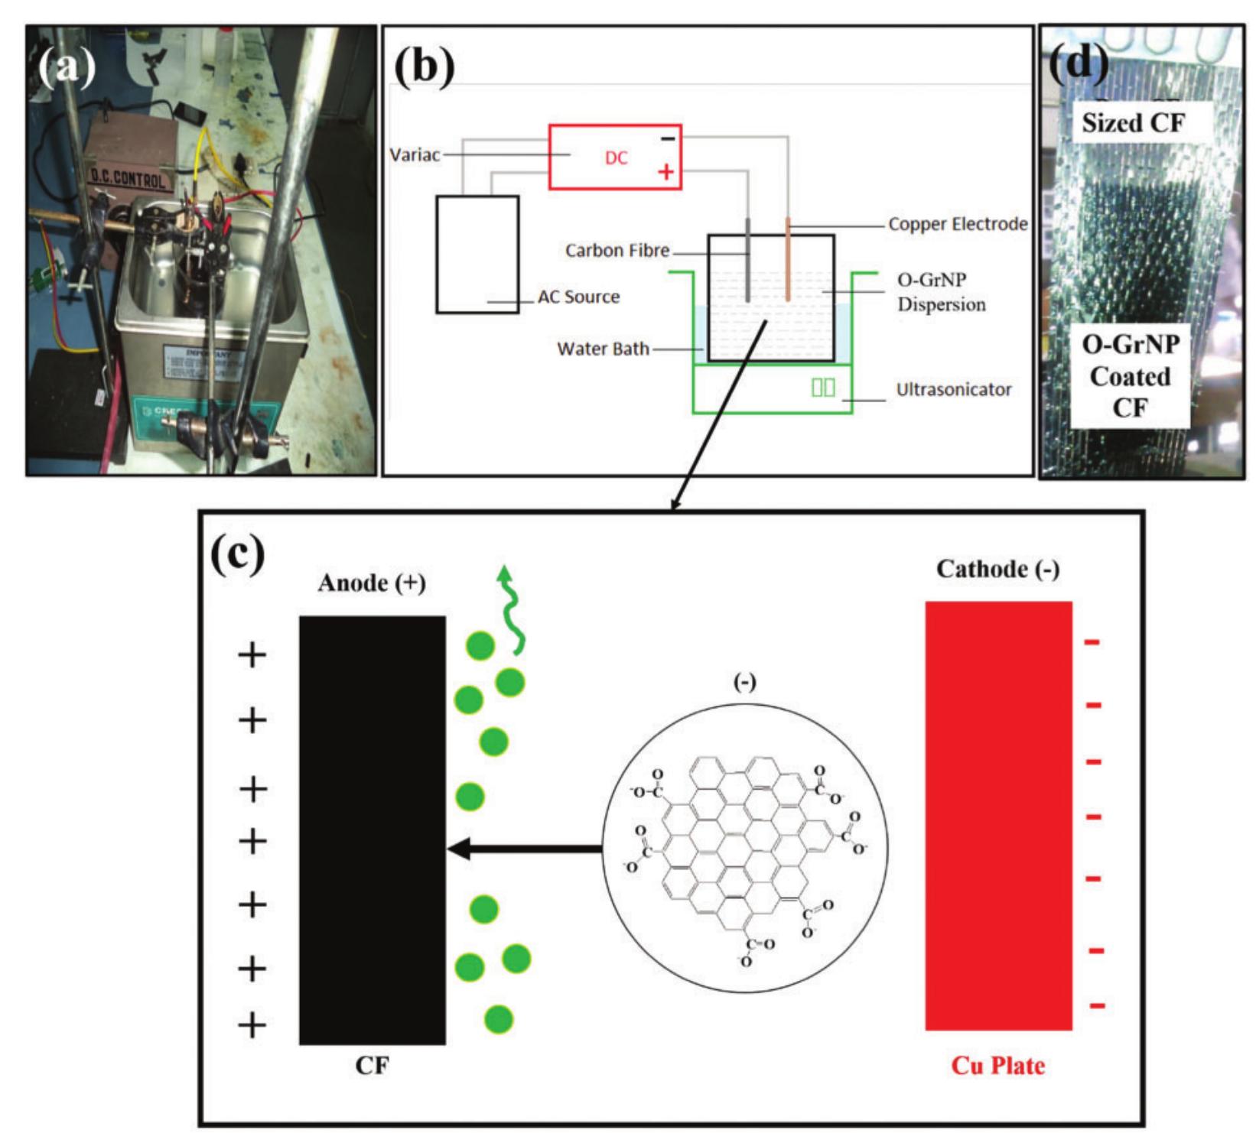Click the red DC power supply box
pyautogui.click(x=615, y=157)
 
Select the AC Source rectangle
pyautogui.click(x=477, y=254)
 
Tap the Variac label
pyautogui.click(x=415, y=155)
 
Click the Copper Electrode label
pyautogui.click(x=958, y=225)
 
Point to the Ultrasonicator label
pyautogui.click(x=954, y=390)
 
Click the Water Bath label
pyautogui.click(x=603, y=349)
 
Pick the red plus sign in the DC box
pyautogui.click(x=666, y=172)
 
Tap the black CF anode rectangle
pyautogui.click(x=372, y=829)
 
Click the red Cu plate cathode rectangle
pyautogui.click(x=998, y=815)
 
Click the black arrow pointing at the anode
pyautogui.click(x=523, y=849)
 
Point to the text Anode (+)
pyautogui.click(x=372, y=583)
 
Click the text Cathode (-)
pyautogui.click(x=997, y=570)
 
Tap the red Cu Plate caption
pyautogui.click(x=997, y=1066)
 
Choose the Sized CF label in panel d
pyautogui.click(x=1132, y=122)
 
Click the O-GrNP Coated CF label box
pyautogui.click(x=1130, y=376)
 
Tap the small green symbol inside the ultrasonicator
pyautogui.click(x=823, y=388)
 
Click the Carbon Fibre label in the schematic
pyautogui.click(x=617, y=251)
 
